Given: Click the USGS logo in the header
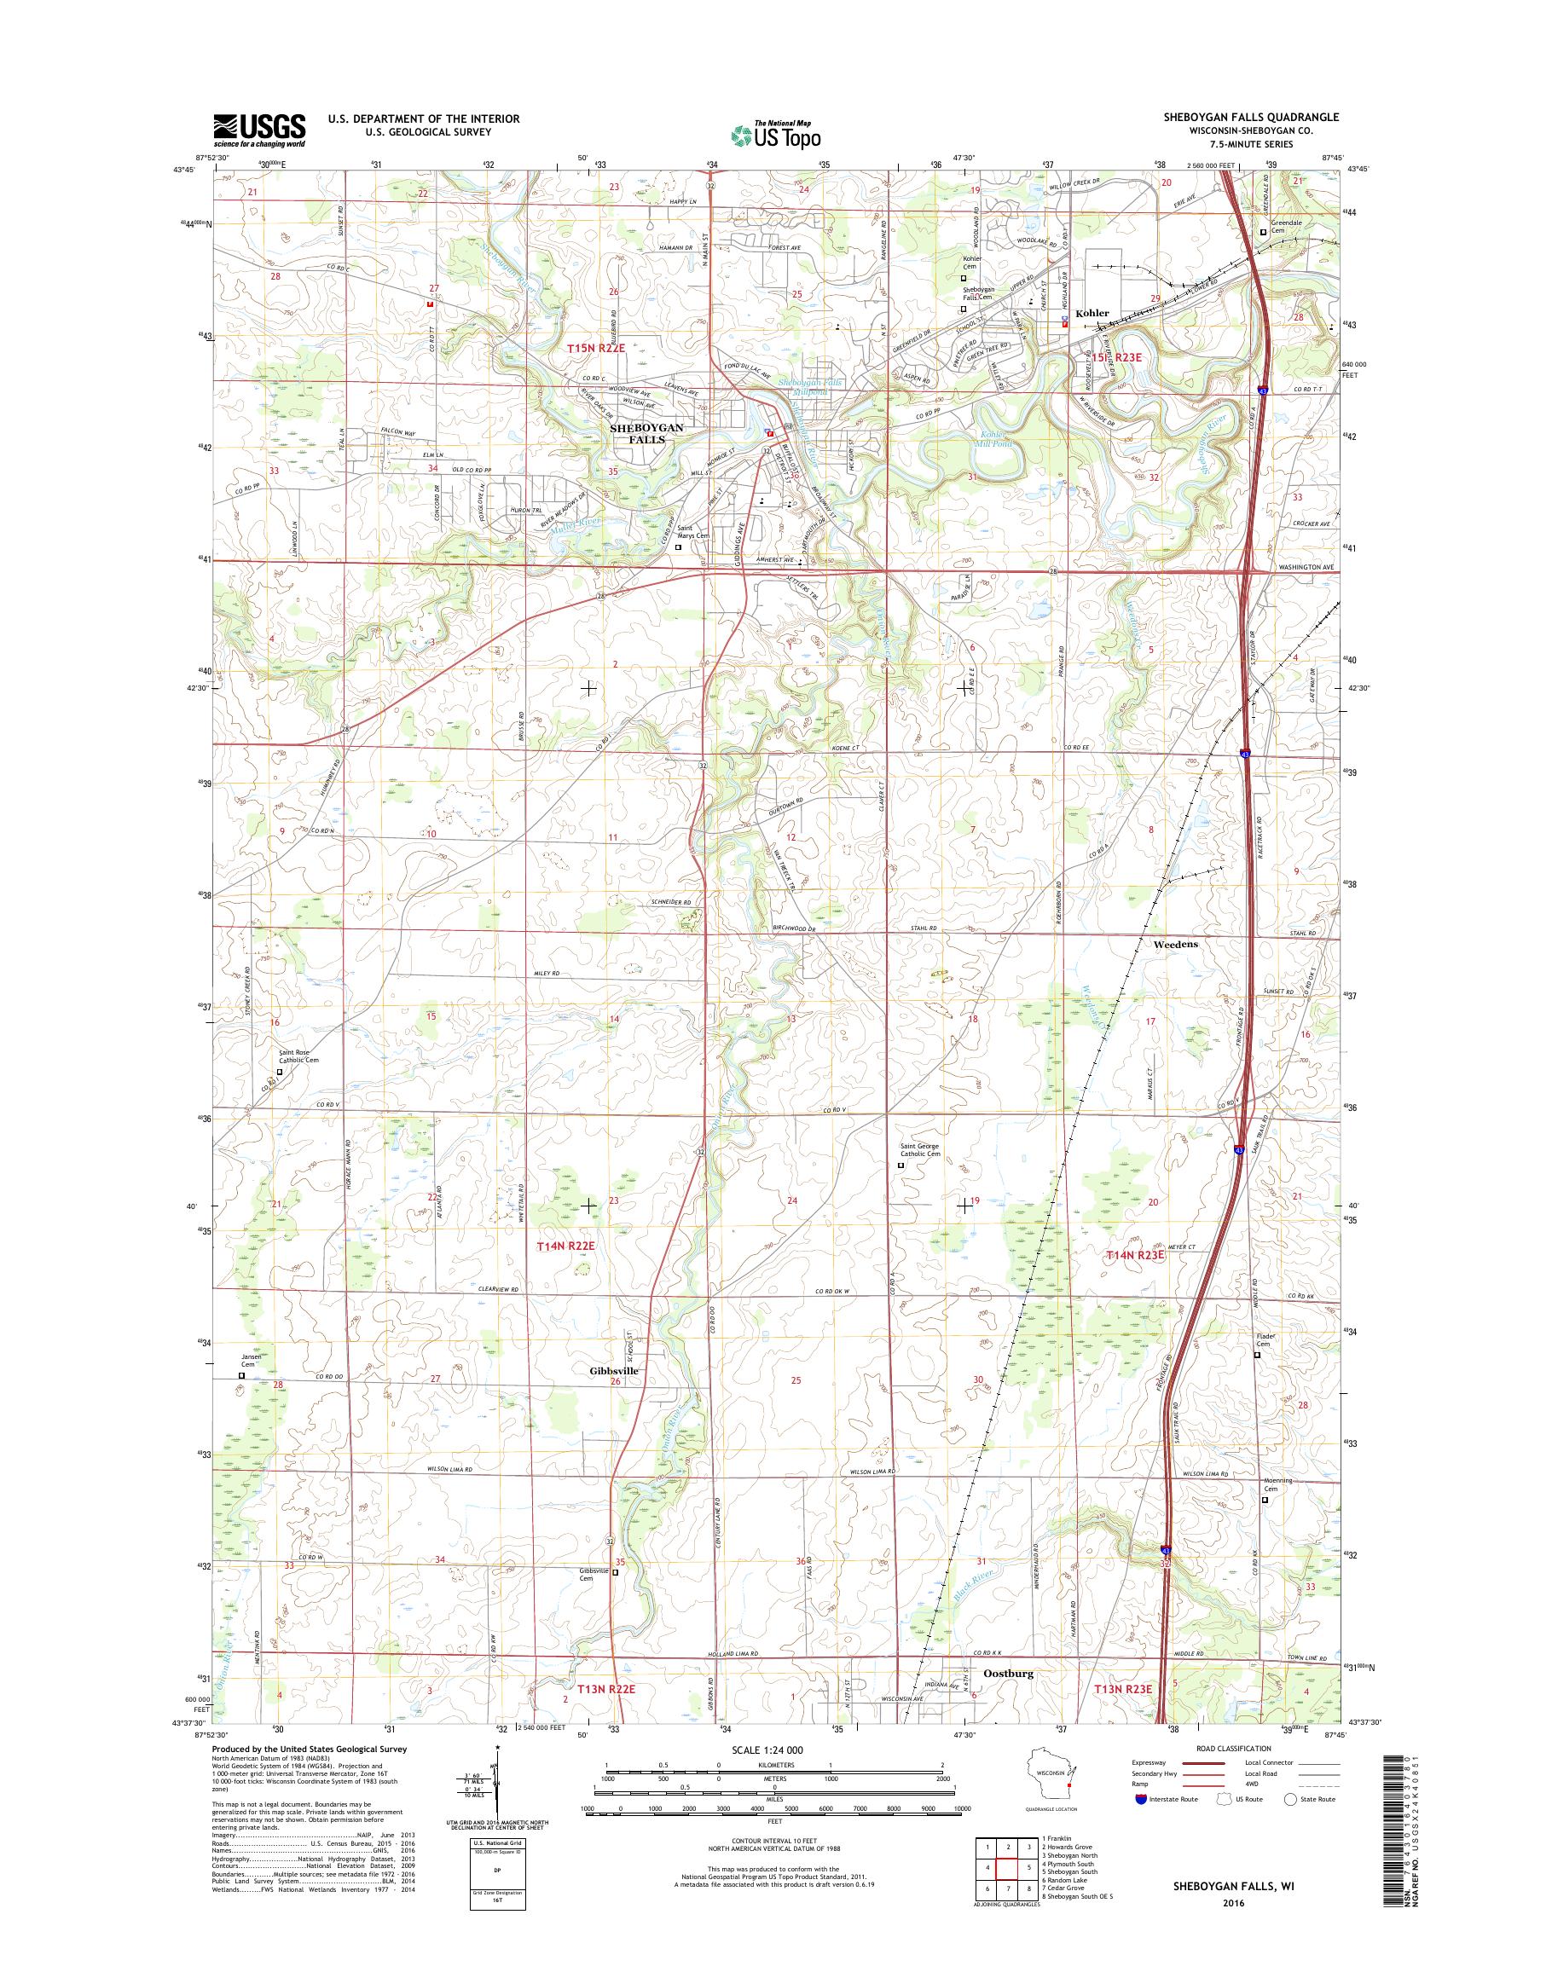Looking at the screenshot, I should pyautogui.click(x=259, y=130).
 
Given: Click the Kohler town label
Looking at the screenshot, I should pyautogui.click(x=1092, y=313).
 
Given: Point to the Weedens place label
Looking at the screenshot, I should pyautogui.click(x=1175, y=944).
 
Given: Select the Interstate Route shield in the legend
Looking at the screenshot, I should pyautogui.click(x=1140, y=1799).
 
